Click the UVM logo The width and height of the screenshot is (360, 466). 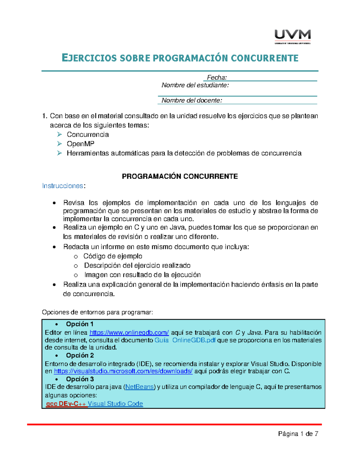pos(292,36)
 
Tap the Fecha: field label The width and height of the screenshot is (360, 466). pos(217,78)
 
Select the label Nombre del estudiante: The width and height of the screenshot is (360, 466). pos(195,85)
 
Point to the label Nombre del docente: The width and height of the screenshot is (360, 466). pos(192,100)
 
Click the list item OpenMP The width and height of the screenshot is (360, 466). pos(80,144)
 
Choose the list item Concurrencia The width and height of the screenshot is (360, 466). pos(88,134)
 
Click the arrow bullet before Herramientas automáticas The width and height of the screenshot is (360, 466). pos(59,153)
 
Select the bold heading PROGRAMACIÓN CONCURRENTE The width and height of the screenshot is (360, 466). pos(180,176)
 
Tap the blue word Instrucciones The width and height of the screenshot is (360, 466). pos(62,186)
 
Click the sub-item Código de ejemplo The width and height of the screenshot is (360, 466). pos(112,256)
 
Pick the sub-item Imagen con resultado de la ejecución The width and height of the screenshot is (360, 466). pos(142,275)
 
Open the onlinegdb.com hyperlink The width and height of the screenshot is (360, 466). pos(129,332)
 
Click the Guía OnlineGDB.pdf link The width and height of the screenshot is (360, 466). pos(185,340)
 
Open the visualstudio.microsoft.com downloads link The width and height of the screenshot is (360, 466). pos(123,371)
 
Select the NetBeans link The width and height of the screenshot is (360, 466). pos(139,387)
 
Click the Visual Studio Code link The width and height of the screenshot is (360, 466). pos(115,404)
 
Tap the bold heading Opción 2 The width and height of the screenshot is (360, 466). pos(80,355)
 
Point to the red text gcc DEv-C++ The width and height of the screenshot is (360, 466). pos(66,404)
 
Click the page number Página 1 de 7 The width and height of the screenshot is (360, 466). pos(298,434)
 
